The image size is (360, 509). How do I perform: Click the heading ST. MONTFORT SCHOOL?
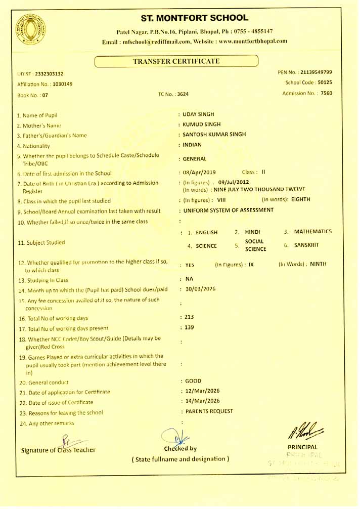click(x=195, y=18)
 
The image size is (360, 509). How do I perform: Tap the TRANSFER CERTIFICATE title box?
click(x=176, y=61)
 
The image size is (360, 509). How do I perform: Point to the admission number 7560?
click(x=326, y=93)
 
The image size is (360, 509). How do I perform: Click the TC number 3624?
click(x=183, y=94)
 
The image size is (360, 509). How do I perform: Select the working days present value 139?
click(x=189, y=327)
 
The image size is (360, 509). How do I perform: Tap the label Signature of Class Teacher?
click(x=58, y=450)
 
